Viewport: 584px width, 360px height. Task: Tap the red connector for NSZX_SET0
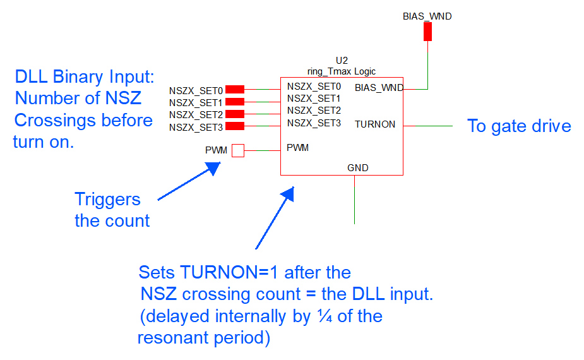(235, 90)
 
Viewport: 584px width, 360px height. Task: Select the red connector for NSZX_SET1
(235, 102)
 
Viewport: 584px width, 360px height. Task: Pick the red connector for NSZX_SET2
(235, 114)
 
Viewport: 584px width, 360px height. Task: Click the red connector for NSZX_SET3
(235, 126)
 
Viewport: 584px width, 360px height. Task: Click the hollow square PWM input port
(237, 150)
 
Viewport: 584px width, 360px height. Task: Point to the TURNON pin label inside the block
(375, 124)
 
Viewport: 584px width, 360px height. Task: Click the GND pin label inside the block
(357, 168)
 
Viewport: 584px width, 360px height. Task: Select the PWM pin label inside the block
(298, 148)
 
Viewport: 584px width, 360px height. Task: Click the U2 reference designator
(342, 61)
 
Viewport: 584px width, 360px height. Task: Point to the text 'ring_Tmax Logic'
(342, 71)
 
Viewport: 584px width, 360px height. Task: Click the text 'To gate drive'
(519, 126)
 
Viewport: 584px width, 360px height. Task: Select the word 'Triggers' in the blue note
(107, 199)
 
